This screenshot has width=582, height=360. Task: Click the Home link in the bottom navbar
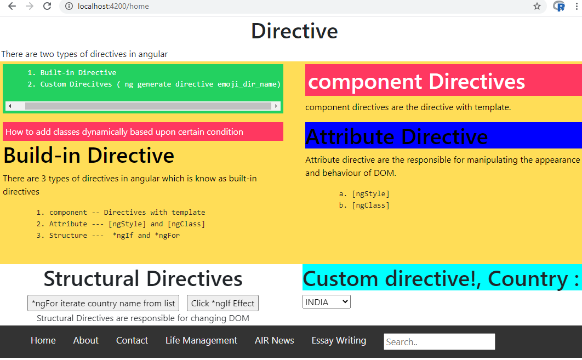43,341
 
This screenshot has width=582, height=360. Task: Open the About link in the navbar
86,341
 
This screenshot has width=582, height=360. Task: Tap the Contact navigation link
132,341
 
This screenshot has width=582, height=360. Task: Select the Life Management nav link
201,341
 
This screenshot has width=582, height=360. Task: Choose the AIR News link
274,341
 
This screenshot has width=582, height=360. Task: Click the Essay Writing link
339,341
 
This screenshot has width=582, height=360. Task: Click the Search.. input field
439,342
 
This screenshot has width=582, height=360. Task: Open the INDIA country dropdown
326,302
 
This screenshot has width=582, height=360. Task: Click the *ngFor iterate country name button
103,304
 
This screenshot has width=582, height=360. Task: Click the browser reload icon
47,6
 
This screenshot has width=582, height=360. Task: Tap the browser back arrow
12,6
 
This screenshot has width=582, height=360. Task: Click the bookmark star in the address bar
537,6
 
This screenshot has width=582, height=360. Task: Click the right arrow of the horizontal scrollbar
276,106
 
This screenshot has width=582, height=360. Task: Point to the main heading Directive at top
294,31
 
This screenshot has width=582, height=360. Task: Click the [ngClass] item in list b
370,205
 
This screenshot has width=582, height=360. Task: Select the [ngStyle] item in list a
370,194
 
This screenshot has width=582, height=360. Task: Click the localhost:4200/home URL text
113,7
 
